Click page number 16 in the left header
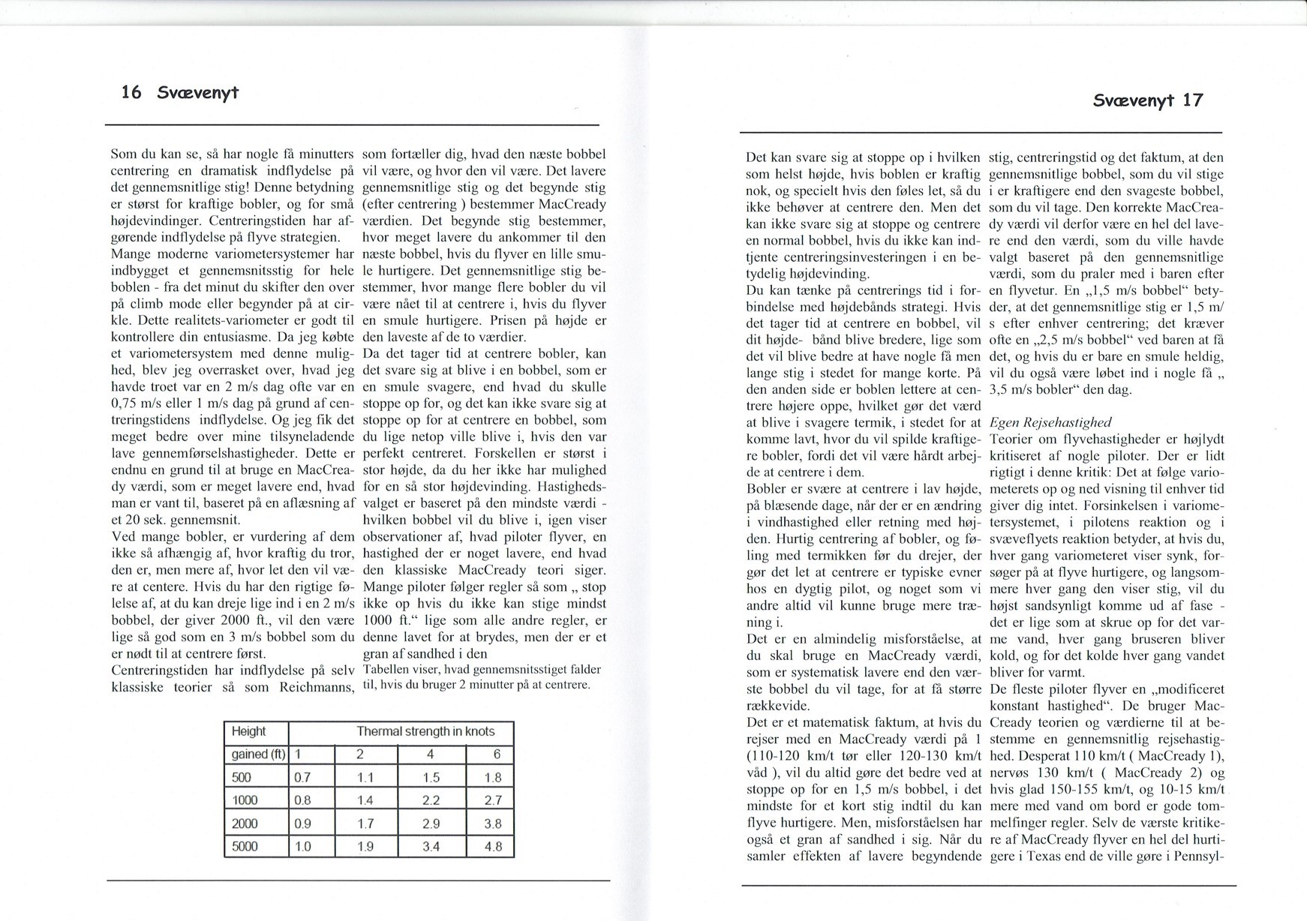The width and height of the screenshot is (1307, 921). click(x=131, y=92)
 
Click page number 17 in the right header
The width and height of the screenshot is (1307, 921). click(x=1191, y=100)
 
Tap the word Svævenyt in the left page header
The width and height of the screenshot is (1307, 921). click(x=198, y=93)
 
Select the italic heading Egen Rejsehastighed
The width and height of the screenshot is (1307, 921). click(x=1050, y=422)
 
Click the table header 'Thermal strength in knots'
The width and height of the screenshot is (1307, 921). click(x=425, y=731)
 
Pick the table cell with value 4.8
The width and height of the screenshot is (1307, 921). click(x=493, y=847)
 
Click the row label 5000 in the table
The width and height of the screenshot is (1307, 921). click(x=245, y=847)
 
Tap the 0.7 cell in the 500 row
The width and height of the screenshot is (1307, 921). click(x=302, y=778)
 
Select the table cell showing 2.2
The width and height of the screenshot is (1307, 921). click(x=431, y=800)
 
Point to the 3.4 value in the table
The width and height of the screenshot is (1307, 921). click(x=431, y=847)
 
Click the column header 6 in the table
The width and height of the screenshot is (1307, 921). click(x=496, y=754)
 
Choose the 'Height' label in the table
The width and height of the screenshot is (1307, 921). click(x=248, y=731)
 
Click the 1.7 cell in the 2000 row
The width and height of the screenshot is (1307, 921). click(x=365, y=823)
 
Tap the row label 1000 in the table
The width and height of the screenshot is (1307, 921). click(x=245, y=800)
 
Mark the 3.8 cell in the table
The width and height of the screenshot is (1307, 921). click(x=493, y=823)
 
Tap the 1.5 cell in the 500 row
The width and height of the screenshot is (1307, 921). click(x=431, y=778)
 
